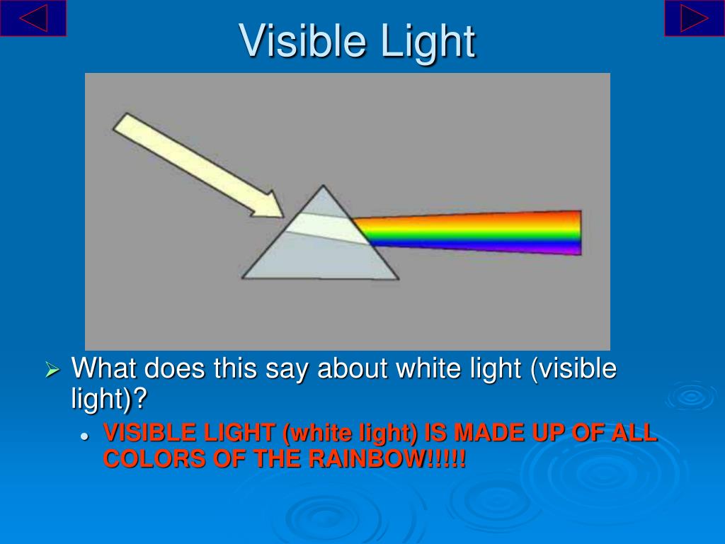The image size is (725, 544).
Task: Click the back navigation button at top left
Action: pyautogui.click(x=33, y=18)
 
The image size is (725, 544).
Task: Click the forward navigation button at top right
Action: pyautogui.click(x=694, y=18)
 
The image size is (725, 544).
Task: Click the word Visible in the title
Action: pyautogui.click(x=303, y=40)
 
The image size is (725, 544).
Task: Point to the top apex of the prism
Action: pyautogui.click(x=324, y=187)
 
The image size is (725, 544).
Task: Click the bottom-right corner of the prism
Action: pyautogui.click(x=397, y=278)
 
